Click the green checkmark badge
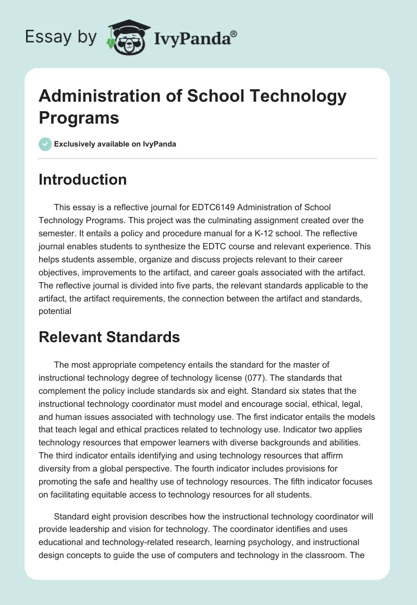pos(45,144)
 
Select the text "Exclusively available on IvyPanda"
pos(115,144)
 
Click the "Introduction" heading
pos(83,179)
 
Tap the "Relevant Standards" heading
pos(109,337)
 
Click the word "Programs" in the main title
pos(79,117)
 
